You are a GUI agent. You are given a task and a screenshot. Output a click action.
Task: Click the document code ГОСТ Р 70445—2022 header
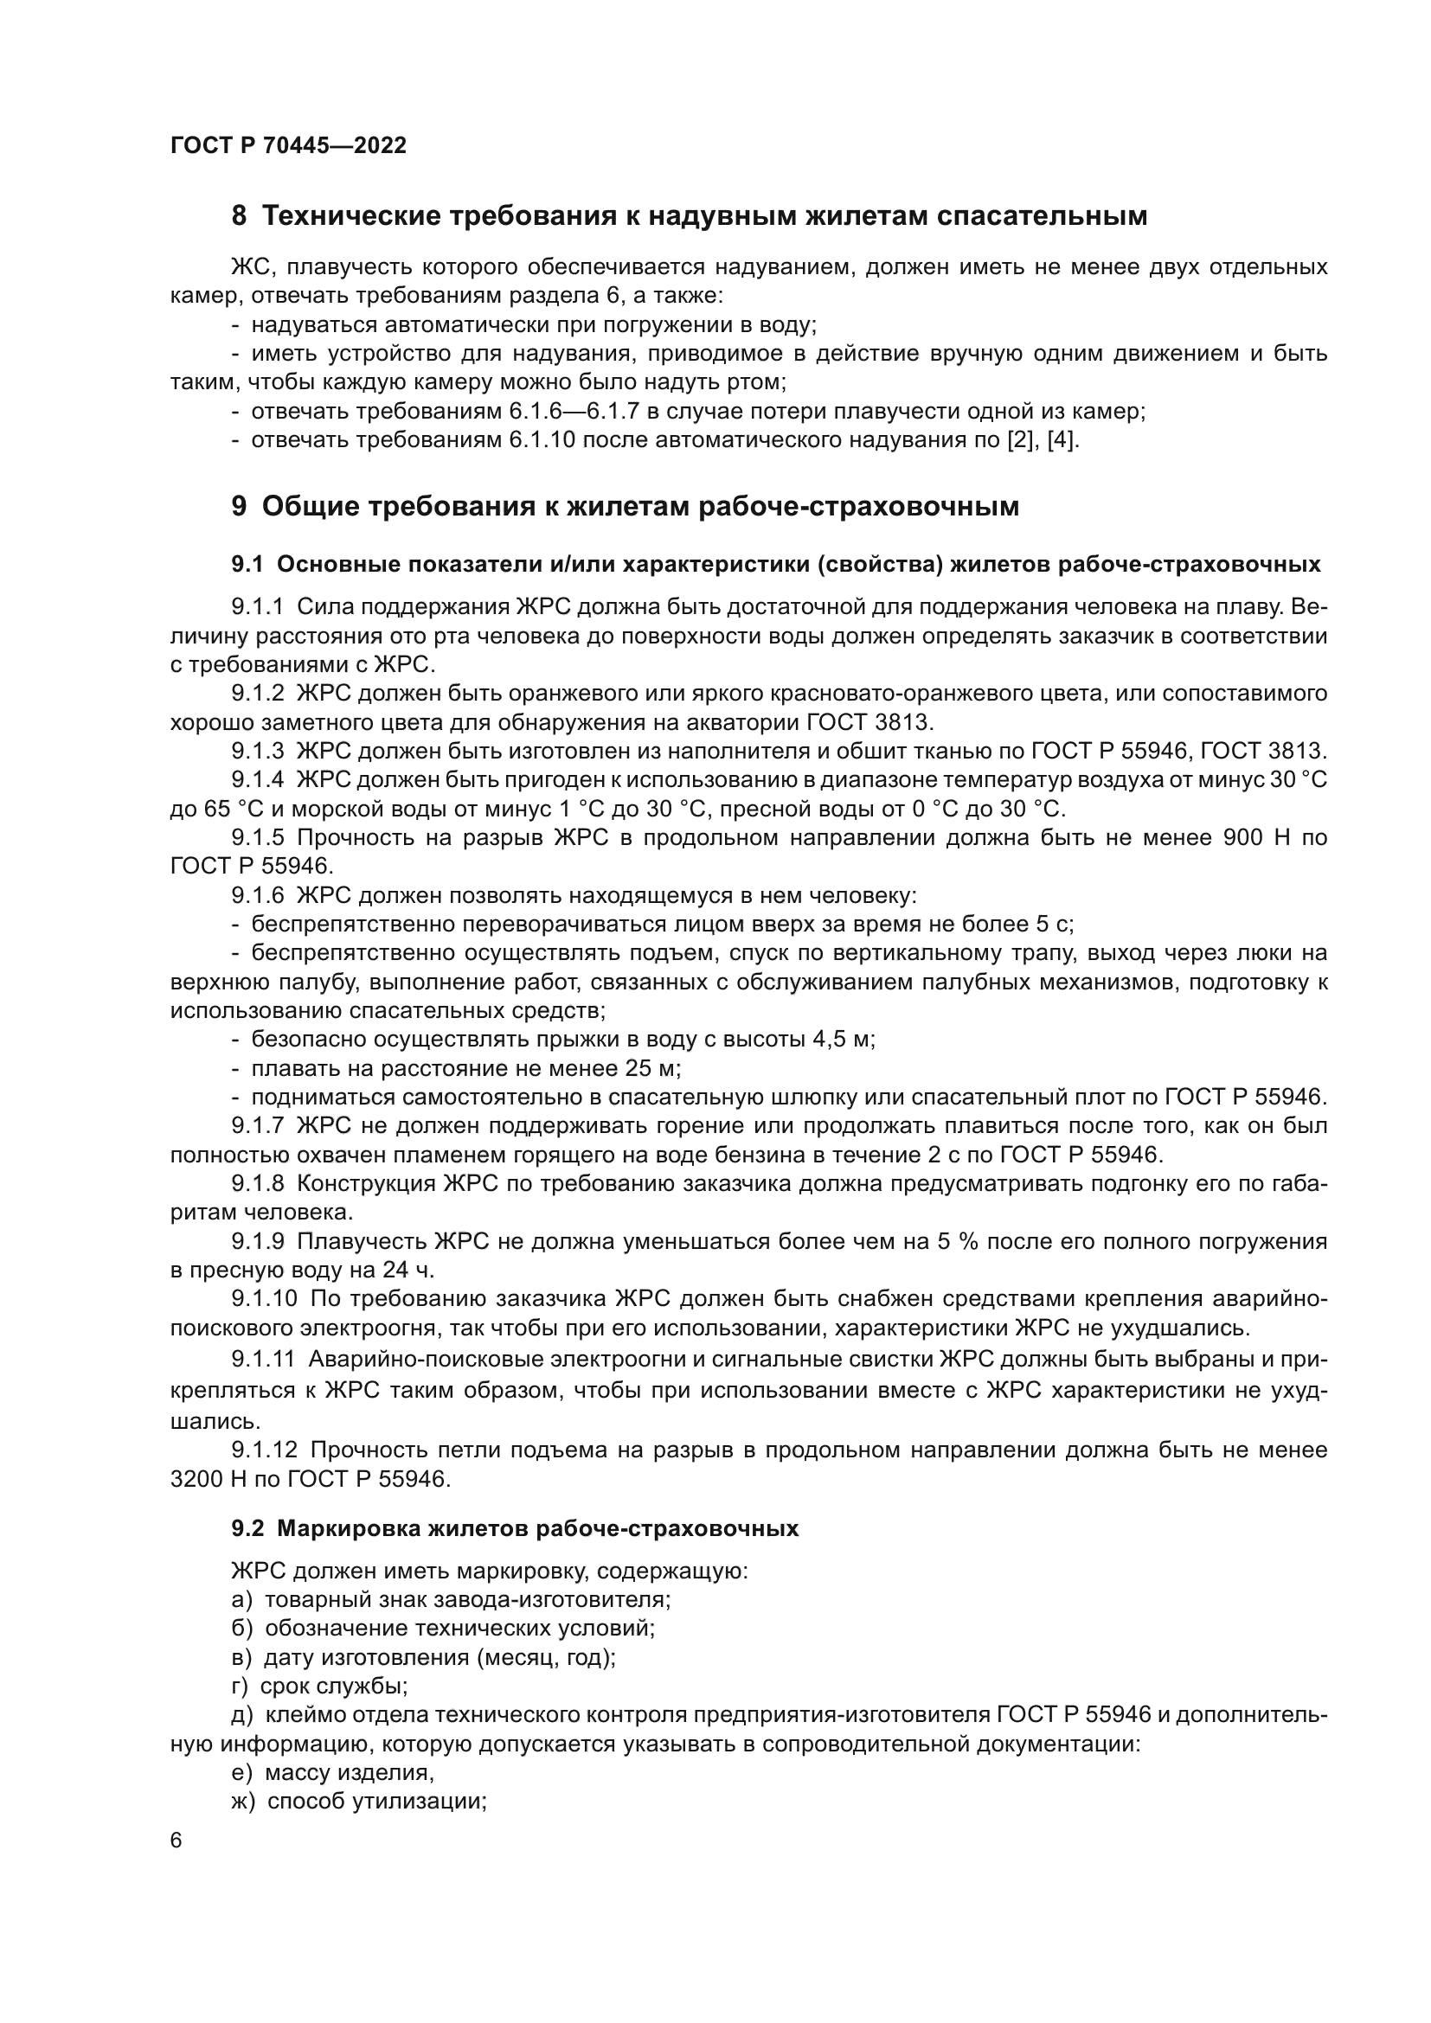tap(288, 146)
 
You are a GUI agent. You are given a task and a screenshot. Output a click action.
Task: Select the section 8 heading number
tap(239, 216)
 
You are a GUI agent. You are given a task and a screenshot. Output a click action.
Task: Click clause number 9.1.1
tap(257, 607)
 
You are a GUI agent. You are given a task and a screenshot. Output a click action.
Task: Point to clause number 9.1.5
tap(257, 837)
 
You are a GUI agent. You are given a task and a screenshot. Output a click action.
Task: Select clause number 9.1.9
tap(257, 1242)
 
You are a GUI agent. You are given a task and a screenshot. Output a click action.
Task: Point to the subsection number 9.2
tap(248, 1528)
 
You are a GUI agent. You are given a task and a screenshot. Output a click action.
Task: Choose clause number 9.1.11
tap(263, 1358)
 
